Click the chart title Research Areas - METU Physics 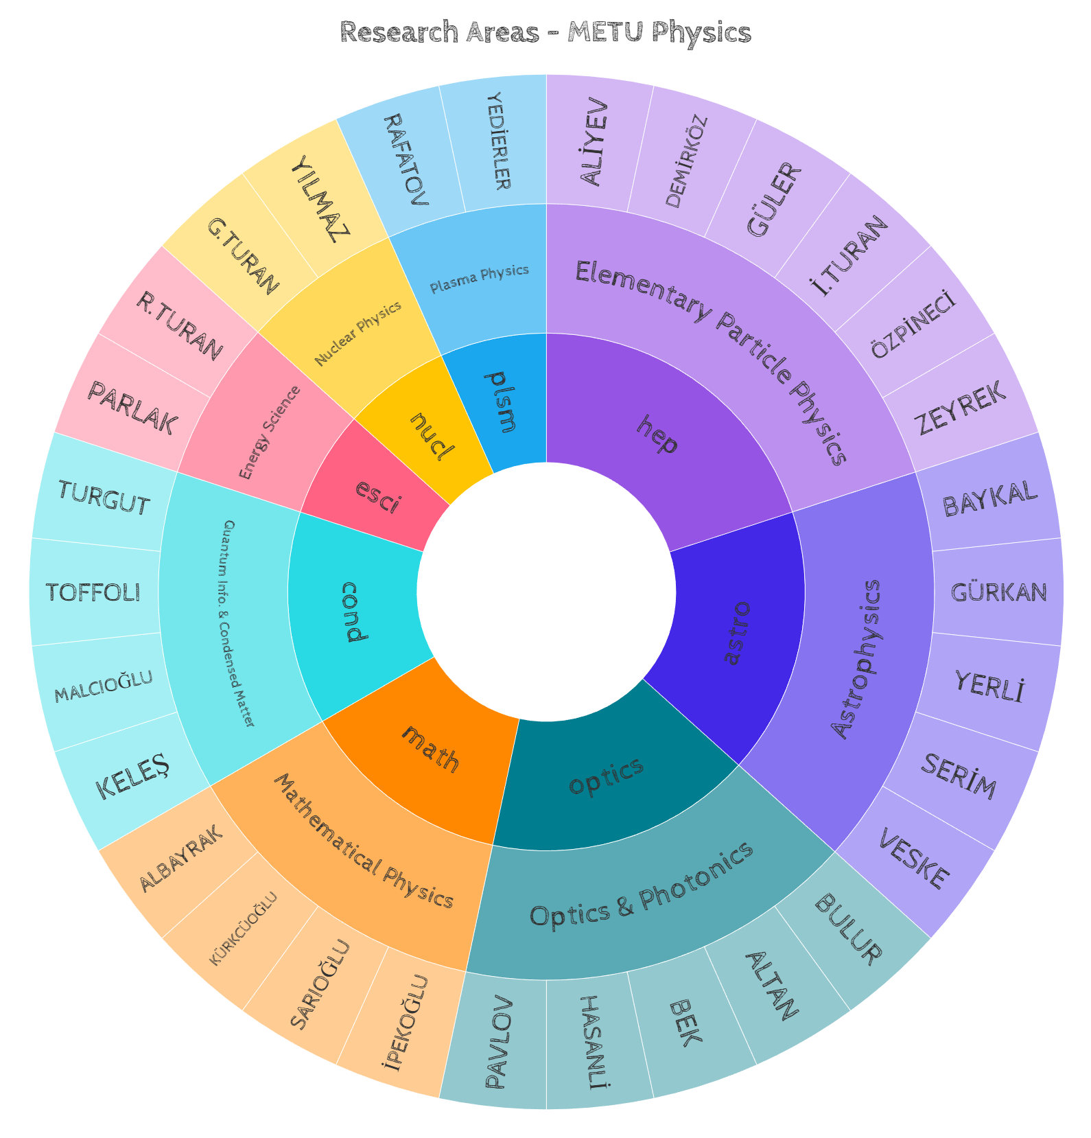pos(545,32)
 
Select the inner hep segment pos(657,434)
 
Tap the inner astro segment pos(737,631)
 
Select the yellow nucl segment pos(432,437)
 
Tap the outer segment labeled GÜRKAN pos(998,592)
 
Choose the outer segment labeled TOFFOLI pos(93,592)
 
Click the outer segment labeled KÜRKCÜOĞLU pos(244,929)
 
